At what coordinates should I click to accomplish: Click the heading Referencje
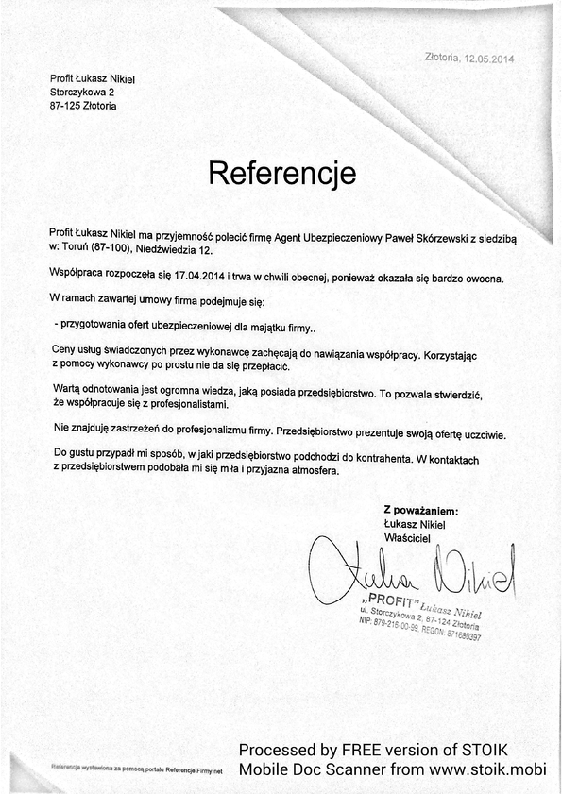tap(281, 173)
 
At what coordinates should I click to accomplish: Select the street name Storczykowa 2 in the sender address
tap(82, 93)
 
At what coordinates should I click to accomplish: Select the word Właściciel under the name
tap(407, 537)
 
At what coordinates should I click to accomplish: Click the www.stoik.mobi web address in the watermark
tap(488, 769)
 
